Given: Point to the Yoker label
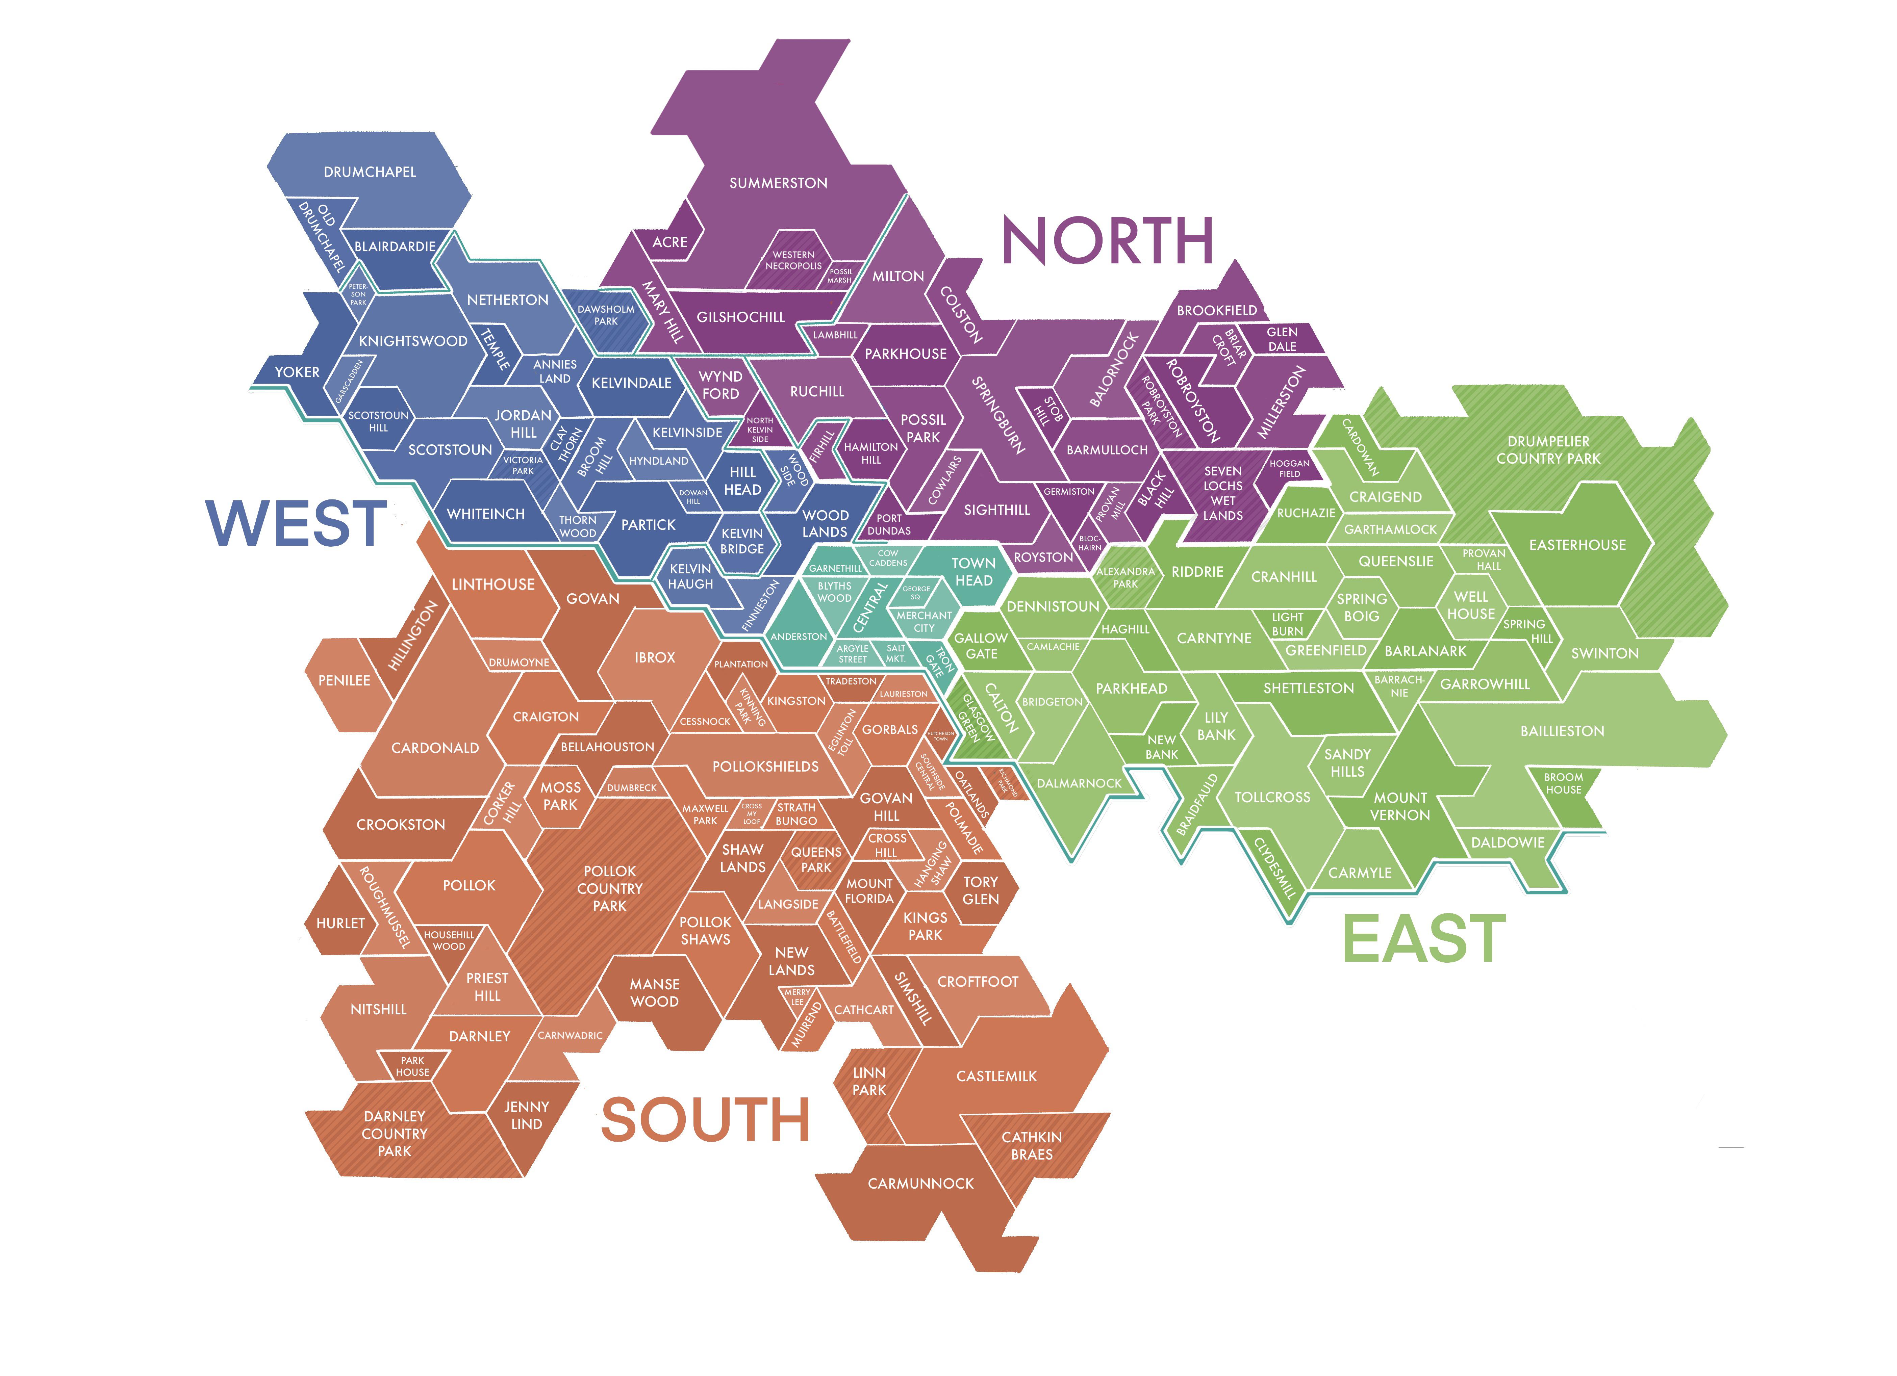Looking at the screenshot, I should [x=297, y=372].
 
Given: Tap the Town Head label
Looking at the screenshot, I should [x=973, y=572].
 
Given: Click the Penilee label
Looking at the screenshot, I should [x=344, y=680].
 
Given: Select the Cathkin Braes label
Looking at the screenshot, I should [x=1031, y=1145].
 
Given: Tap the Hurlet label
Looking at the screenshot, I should [x=340, y=923].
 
